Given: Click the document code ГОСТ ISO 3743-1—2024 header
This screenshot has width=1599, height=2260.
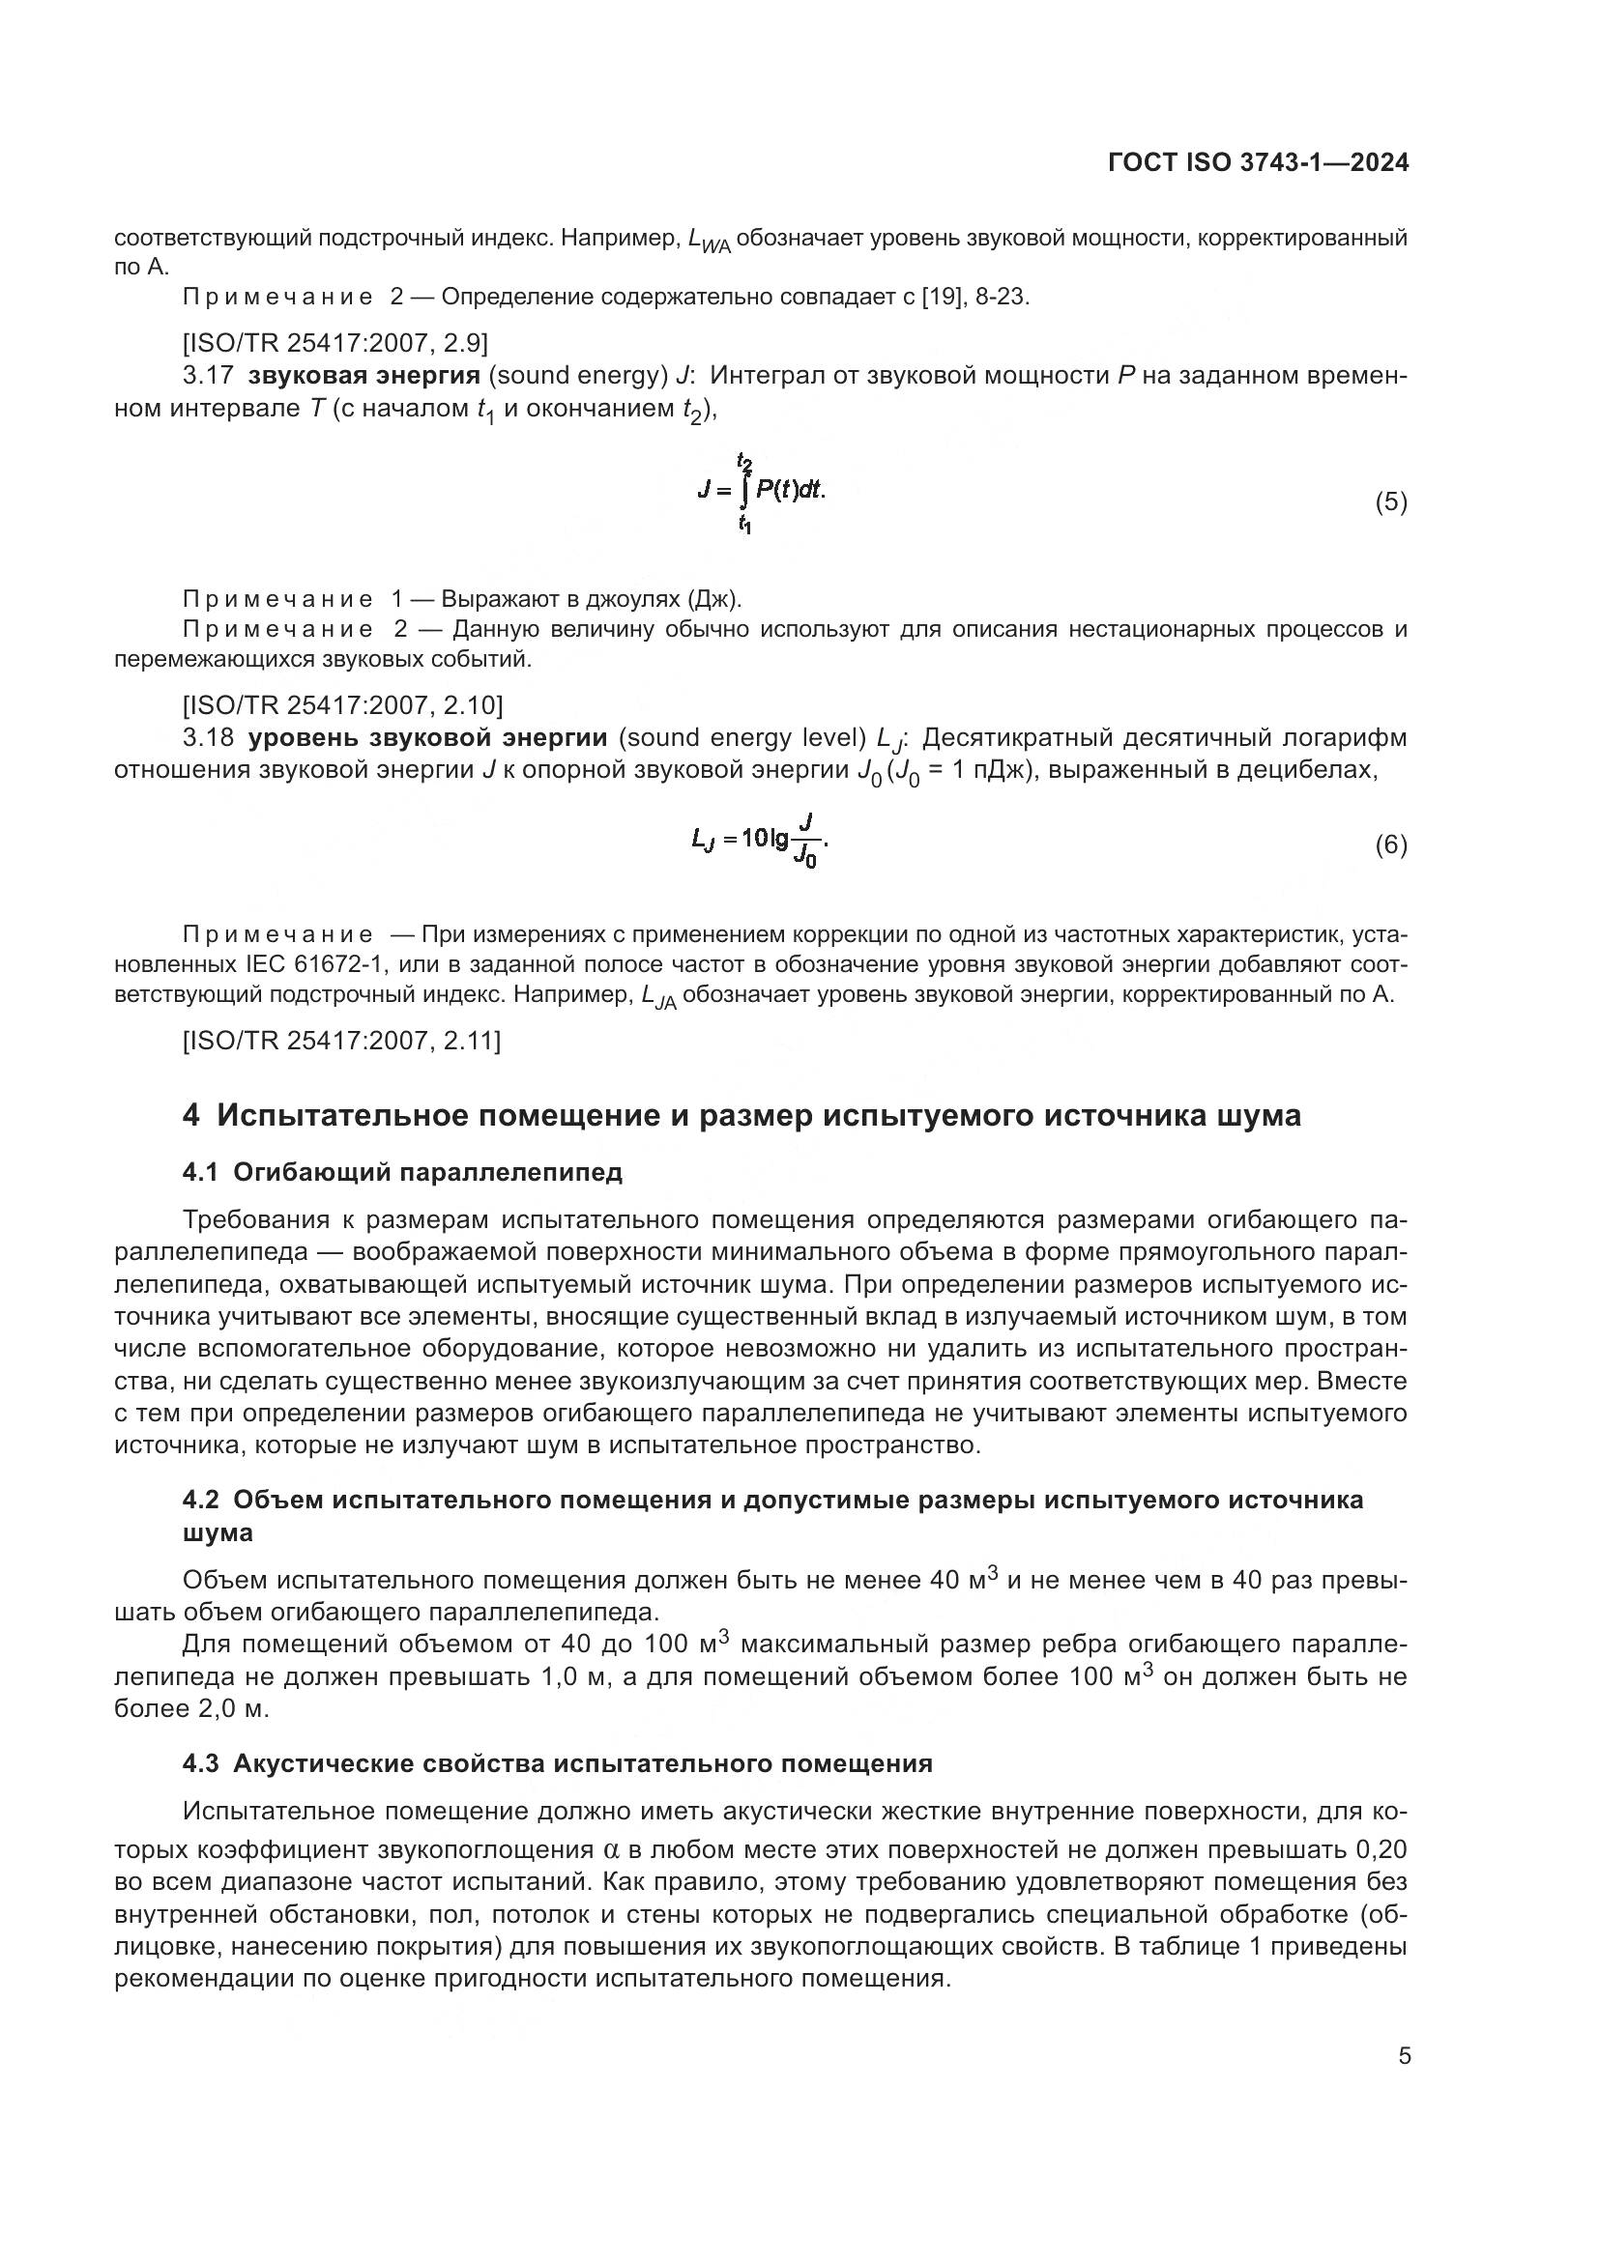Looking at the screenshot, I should tap(1258, 162).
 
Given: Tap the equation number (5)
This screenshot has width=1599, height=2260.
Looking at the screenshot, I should tap(1390, 503).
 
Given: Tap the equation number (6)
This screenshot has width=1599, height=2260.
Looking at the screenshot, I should tap(1390, 845).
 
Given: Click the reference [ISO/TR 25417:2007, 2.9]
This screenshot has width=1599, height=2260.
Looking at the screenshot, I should tap(334, 343).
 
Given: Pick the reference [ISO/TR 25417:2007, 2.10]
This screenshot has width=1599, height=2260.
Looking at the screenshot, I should tap(341, 704).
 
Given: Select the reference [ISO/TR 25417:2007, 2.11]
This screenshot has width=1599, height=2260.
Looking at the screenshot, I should tap(341, 1041).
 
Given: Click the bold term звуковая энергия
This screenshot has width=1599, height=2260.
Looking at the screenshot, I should tap(363, 376).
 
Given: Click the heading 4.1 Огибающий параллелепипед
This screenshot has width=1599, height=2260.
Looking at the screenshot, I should tap(403, 1172).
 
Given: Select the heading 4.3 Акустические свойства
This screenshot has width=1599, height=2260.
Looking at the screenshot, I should tap(557, 1763).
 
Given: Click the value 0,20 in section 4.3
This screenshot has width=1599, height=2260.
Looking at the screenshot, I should tap(1381, 1849).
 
